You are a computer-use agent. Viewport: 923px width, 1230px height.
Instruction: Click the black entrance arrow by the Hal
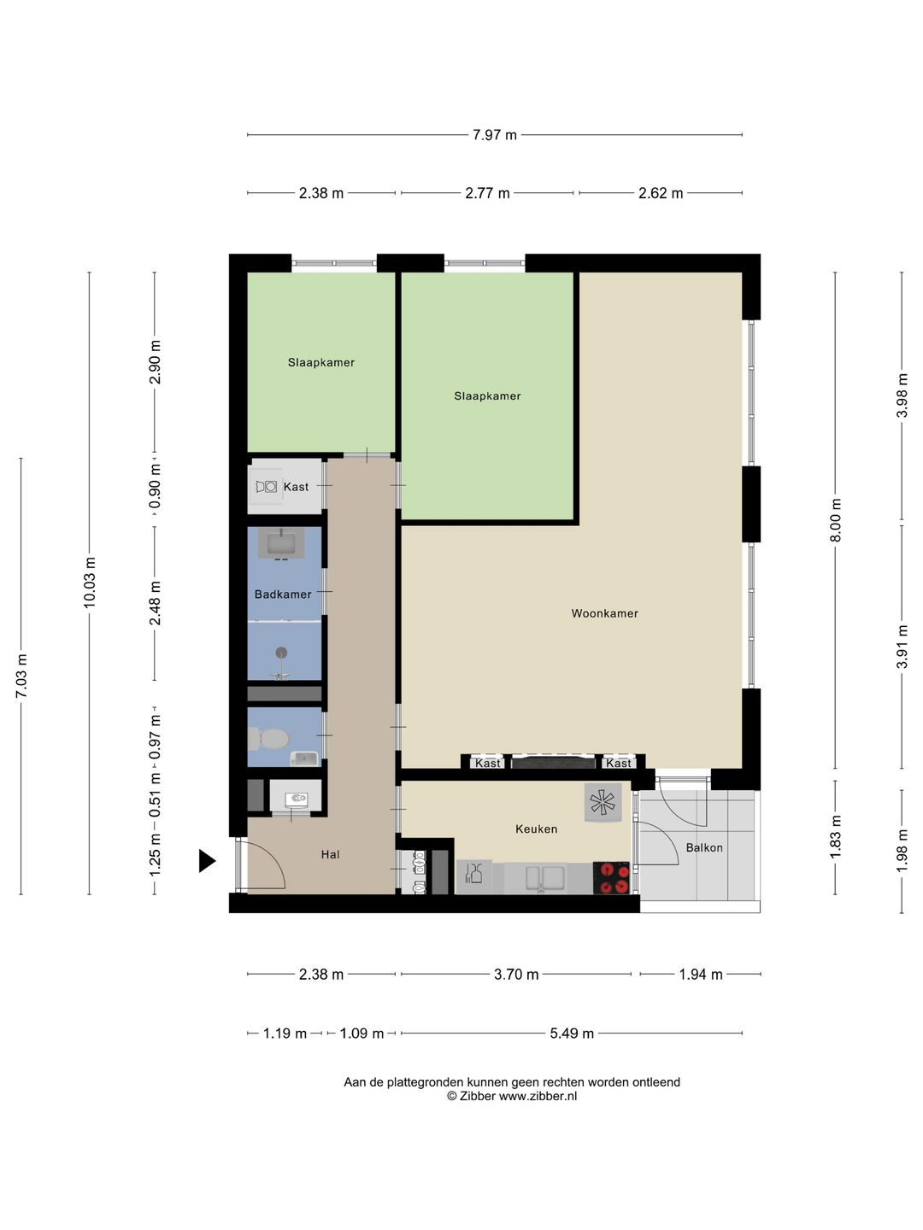tap(206, 860)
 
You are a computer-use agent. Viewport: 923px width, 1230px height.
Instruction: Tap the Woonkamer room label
tap(605, 613)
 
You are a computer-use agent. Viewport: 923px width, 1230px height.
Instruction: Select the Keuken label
tap(537, 829)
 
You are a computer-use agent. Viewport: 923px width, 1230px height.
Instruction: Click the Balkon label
tap(704, 848)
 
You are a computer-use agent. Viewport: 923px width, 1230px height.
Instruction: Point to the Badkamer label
tap(283, 594)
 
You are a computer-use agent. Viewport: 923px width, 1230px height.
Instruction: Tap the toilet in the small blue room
tap(268, 739)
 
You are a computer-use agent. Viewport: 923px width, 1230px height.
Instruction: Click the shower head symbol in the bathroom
tap(281, 653)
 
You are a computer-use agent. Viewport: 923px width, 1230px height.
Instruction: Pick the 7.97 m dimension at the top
tap(495, 134)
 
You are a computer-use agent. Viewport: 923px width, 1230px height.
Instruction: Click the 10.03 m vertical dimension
tap(90, 583)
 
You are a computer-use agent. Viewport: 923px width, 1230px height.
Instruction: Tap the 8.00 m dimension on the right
tap(835, 520)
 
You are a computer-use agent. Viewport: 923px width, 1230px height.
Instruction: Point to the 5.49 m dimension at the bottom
tap(572, 1033)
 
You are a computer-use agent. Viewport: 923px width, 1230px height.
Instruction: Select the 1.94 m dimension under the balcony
tap(701, 975)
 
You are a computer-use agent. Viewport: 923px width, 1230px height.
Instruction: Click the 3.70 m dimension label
tap(516, 975)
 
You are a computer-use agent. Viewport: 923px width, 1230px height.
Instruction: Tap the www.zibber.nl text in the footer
tap(538, 1096)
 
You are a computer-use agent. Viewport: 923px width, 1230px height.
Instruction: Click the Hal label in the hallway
tap(330, 854)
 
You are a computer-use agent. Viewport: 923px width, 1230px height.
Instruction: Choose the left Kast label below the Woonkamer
tap(487, 763)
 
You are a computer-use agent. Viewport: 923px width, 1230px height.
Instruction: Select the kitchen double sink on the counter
tap(542, 877)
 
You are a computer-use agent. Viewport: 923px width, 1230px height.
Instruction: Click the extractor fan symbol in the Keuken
tap(603, 802)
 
